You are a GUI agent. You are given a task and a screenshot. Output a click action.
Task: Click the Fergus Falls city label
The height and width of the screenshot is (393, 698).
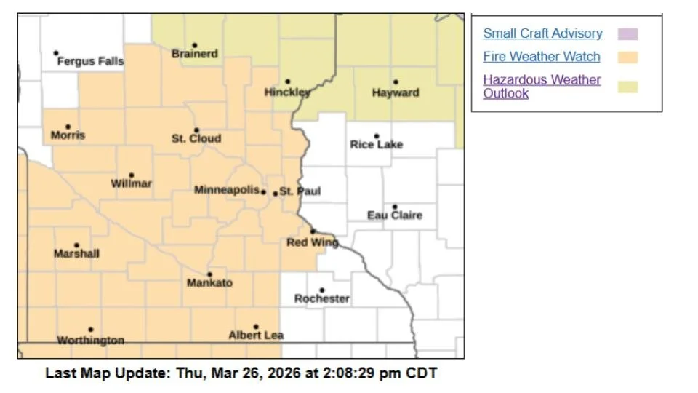[x=90, y=62]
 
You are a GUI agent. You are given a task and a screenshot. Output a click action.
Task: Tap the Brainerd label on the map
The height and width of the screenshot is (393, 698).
[x=194, y=54]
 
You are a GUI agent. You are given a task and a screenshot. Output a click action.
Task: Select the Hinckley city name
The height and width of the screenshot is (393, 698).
[x=287, y=92]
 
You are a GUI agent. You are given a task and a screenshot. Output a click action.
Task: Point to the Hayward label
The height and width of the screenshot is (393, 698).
[x=396, y=93]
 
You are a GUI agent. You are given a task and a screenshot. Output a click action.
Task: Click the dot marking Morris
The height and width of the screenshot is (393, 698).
[x=68, y=127]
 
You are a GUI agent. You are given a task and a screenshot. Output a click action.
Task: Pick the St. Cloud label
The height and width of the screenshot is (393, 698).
[x=196, y=138]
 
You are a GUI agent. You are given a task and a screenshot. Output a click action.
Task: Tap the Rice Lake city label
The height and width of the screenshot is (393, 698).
[x=376, y=145]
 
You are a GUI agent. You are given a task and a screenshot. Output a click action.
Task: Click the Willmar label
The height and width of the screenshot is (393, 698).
[x=131, y=184]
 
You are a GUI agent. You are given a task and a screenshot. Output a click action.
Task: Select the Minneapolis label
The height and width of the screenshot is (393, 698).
[x=227, y=190]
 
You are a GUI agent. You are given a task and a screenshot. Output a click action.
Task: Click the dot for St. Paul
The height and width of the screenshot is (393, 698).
[x=275, y=193]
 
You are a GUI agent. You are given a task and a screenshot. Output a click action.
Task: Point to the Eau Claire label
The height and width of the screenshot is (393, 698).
[x=394, y=215]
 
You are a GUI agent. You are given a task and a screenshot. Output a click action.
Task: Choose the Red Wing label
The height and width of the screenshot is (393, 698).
[x=312, y=242]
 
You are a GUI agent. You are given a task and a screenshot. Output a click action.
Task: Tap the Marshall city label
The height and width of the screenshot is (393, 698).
[x=76, y=254]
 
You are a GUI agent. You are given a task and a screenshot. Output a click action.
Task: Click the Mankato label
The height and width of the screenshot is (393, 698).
[x=209, y=283]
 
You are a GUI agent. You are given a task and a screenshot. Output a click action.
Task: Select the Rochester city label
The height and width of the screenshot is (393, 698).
[x=321, y=298]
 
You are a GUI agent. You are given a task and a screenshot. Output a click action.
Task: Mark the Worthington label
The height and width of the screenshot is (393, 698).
[x=90, y=341]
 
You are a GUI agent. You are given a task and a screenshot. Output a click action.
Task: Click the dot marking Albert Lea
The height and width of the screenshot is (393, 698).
[x=256, y=327]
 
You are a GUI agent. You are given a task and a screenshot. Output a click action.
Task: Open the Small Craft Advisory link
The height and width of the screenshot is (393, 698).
[x=542, y=33]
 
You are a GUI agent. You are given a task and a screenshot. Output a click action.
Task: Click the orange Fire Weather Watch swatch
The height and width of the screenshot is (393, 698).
[x=627, y=57]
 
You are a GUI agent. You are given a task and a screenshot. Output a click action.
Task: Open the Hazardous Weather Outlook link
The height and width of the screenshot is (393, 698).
[x=542, y=86]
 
